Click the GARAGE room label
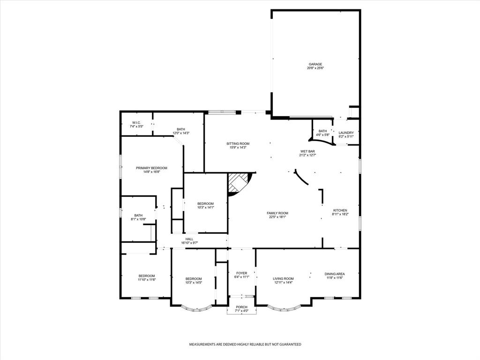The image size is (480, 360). click(x=315, y=64)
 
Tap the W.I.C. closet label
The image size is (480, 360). click(x=136, y=123)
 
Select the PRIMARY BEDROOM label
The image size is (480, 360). click(x=151, y=168)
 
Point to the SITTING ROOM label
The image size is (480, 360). click(x=238, y=143)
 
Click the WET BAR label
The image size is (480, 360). click(x=307, y=151)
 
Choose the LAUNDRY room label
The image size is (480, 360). click(x=346, y=133)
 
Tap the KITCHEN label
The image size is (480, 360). click(x=340, y=210)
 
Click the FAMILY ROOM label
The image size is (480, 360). click(x=277, y=213)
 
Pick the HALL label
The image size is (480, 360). click(x=189, y=239)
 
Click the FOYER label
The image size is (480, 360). click(x=241, y=273)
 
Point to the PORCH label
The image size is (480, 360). click(x=241, y=307)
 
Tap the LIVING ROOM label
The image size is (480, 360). click(x=283, y=278)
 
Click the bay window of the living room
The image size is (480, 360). click(x=284, y=308)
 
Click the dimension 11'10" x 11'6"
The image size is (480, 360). click(x=146, y=280)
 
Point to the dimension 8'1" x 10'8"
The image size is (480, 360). click(x=138, y=219)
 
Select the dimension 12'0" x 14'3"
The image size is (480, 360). click(x=181, y=133)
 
